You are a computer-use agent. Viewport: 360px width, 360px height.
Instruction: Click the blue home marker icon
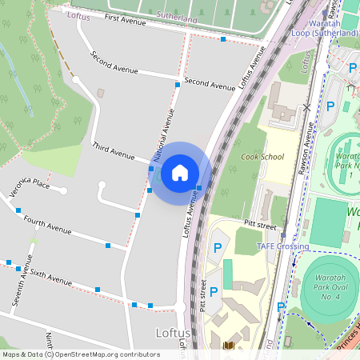click(x=180, y=173)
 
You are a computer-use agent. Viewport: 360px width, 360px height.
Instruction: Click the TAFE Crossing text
click(x=282, y=246)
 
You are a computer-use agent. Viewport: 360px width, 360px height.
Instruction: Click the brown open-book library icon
click(x=229, y=345)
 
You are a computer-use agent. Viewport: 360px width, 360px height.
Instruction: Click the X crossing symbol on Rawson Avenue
click(x=306, y=106)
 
